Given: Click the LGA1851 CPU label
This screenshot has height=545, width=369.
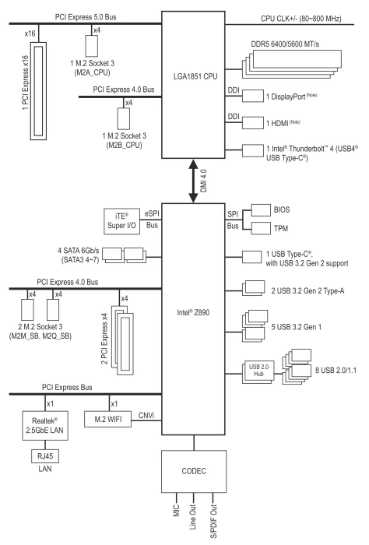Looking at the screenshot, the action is click(195, 76).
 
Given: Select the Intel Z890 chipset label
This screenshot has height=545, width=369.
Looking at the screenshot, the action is click(193, 312).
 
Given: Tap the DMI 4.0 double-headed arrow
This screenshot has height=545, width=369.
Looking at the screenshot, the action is click(193, 181).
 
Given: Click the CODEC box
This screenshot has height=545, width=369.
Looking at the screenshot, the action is click(194, 471).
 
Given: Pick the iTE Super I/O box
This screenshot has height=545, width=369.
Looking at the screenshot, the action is click(121, 221).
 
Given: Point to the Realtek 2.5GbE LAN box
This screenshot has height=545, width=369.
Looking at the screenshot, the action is click(45, 425).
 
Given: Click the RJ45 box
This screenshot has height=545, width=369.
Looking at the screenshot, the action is click(45, 456).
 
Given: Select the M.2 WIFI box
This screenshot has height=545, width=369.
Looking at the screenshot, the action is click(108, 419).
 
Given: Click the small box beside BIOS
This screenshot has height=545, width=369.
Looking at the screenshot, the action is click(261, 210).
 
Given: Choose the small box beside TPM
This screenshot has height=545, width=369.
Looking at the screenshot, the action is click(261, 228).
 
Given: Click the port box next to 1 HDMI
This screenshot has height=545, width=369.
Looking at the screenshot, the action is click(253, 123).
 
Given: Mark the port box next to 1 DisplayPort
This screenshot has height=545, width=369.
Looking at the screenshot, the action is click(253, 97).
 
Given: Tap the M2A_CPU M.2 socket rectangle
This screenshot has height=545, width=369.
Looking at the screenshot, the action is click(92, 45).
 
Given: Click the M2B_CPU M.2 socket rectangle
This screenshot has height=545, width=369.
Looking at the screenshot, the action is click(124, 118).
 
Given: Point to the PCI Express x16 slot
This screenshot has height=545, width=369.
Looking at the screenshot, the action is click(38, 91).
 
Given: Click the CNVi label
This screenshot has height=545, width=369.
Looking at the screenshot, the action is click(146, 415).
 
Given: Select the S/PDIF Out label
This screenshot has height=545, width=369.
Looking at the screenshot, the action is click(213, 521).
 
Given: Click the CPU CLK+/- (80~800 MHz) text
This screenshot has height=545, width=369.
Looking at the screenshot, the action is click(301, 19).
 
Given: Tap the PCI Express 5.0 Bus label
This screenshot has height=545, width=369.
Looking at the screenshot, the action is click(86, 17).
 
